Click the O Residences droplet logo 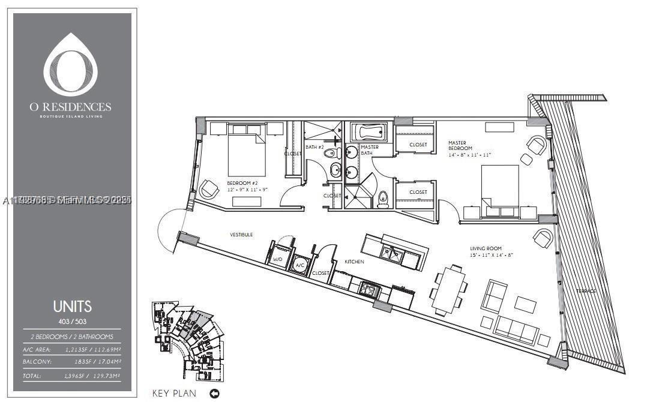point(71,64)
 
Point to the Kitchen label point(354,262)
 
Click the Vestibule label point(241,234)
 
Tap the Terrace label point(586,291)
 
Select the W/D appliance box point(277,256)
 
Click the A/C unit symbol point(299,265)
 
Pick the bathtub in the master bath point(369,131)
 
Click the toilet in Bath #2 point(330,154)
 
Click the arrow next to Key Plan point(214,394)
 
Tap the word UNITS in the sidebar point(72,307)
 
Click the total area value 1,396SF point(75,376)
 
